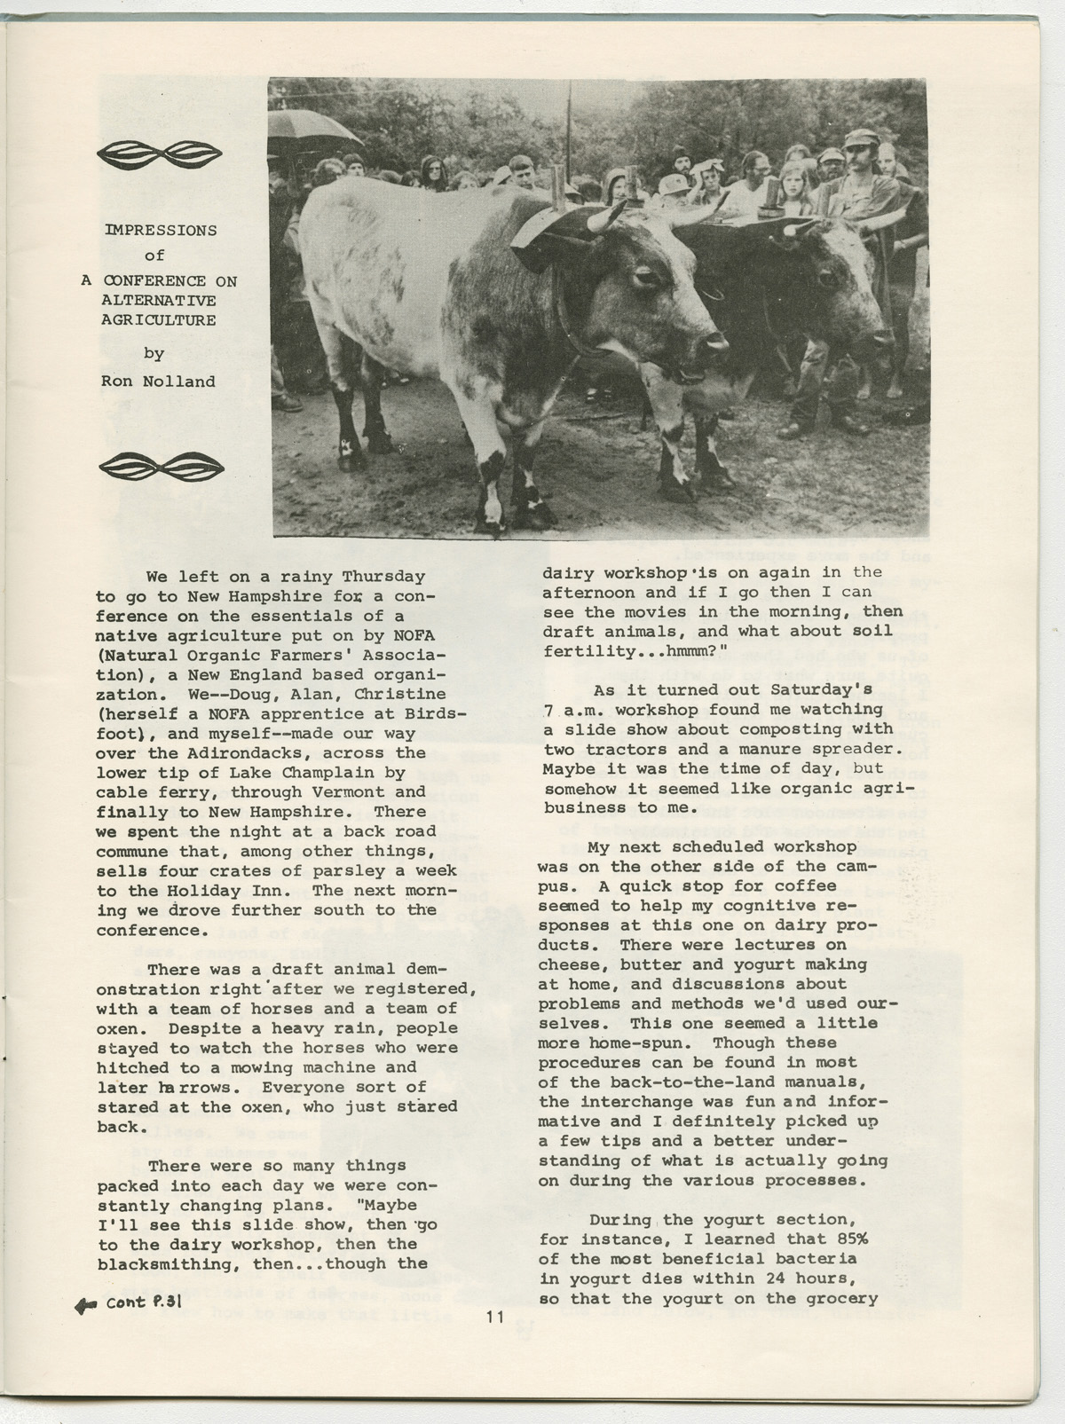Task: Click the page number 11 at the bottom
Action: coord(494,1318)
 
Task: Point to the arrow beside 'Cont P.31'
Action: coord(86,1305)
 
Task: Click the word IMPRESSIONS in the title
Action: coord(161,230)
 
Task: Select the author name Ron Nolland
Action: coord(158,382)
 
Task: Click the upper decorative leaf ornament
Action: coord(160,153)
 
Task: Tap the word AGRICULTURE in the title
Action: coord(159,320)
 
